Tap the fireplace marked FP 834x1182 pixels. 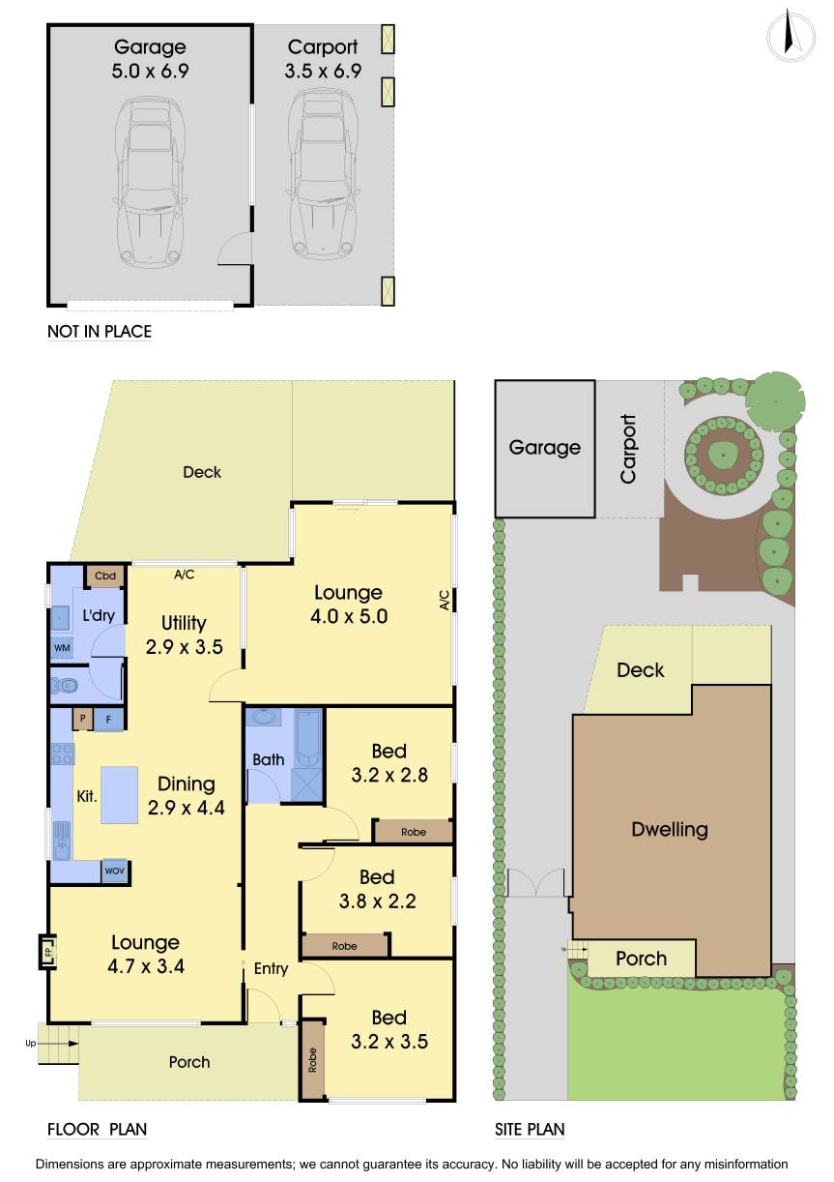coord(46,951)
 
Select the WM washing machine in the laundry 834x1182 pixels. coord(61,646)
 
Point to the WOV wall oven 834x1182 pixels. coord(114,870)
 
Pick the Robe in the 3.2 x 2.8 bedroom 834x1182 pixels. coord(413,831)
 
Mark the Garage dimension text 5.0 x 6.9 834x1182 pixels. coord(150,71)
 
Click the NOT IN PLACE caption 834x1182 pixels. coord(100,332)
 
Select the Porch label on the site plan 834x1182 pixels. coord(641,959)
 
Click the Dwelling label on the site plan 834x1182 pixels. coord(669,829)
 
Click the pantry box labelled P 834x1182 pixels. coord(83,720)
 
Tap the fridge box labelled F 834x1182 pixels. coord(108,720)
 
